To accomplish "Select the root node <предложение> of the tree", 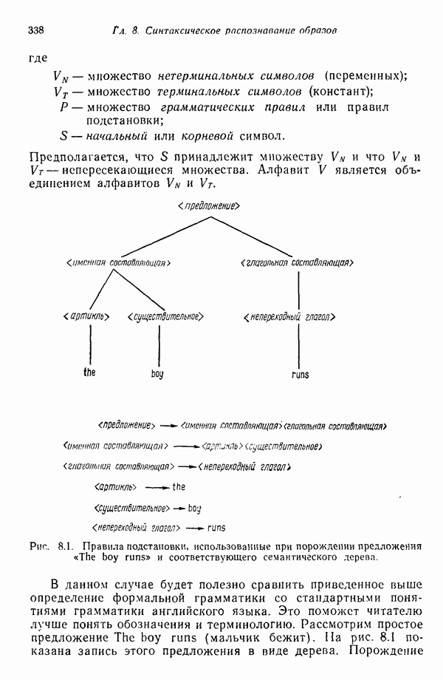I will click(x=210, y=204).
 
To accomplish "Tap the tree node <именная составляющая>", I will click(x=119, y=262).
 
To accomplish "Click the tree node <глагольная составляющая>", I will click(x=296, y=262).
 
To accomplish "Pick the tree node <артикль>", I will click(x=88, y=316).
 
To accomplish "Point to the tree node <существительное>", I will click(x=164, y=316).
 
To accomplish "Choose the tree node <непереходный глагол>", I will click(x=290, y=317).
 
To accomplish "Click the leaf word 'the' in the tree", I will click(x=89, y=373).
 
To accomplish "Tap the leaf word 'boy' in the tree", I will click(x=157, y=375).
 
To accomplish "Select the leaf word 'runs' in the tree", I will click(x=301, y=375).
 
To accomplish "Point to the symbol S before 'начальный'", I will click(x=63, y=136).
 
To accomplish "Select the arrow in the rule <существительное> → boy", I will click(x=178, y=509).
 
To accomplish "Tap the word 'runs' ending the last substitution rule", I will click(x=216, y=528).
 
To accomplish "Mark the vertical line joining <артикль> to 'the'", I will click(x=89, y=344).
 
